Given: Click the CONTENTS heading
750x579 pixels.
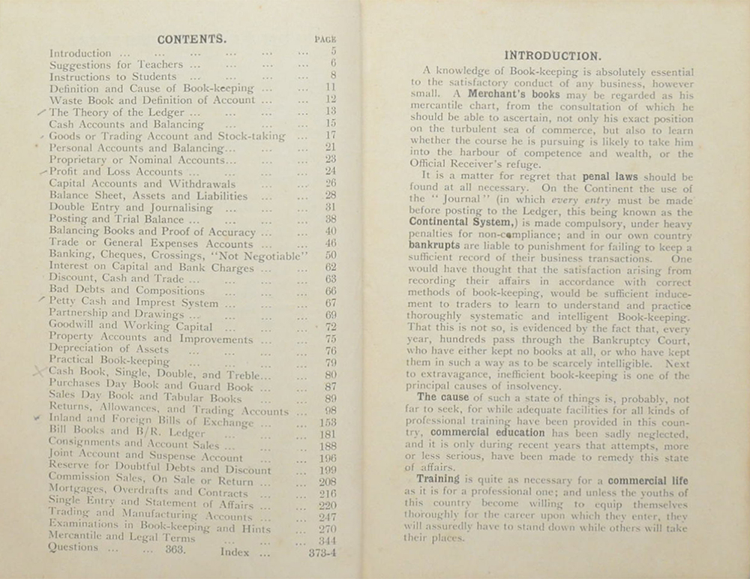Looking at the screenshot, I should (x=191, y=39).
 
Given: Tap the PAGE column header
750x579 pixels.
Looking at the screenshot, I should (x=327, y=40).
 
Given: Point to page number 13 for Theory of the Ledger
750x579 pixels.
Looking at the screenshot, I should (x=330, y=112).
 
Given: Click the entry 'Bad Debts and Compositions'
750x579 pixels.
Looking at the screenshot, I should (x=115, y=291).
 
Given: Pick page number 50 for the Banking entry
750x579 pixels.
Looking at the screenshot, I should (x=330, y=255).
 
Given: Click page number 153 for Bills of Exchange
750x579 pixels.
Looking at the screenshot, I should (x=327, y=422).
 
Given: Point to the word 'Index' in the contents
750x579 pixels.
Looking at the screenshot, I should (x=235, y=553).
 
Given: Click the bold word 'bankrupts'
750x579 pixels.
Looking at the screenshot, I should (x=433, y=244).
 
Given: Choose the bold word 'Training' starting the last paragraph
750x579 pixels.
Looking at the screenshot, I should (x=438, y=478).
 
